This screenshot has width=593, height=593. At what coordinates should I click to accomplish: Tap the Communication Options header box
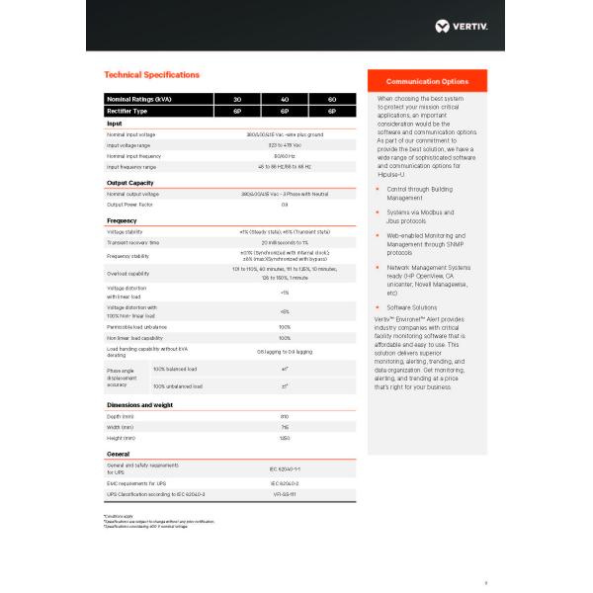click(x=427, y=81)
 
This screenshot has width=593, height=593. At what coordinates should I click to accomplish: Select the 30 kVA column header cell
click(x=237, y=100)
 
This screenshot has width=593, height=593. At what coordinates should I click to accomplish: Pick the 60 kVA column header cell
click(x=332, y=100)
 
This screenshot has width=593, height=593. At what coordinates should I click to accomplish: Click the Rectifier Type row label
click(x=129, y=111)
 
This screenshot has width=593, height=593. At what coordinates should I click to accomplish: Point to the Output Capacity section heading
click(x=129, y=183)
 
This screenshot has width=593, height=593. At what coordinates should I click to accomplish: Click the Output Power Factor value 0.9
click(x=285, y=205)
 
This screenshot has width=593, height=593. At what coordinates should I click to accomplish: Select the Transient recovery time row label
click(x=133, y=242)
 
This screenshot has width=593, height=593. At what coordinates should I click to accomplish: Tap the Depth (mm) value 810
click(x=285, y=417)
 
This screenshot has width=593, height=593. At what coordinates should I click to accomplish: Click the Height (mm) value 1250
click(x=285, y=437)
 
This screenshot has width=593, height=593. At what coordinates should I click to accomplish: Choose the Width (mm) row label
click(x=122, y=427)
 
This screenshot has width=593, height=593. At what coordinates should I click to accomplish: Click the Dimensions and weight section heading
click(x=139, y=405)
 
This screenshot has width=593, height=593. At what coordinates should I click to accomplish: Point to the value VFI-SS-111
click(x=285, y=492)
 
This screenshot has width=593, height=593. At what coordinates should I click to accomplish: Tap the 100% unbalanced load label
click(x=175, y=385)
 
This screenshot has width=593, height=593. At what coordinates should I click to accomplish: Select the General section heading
click(x=119, y=454)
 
